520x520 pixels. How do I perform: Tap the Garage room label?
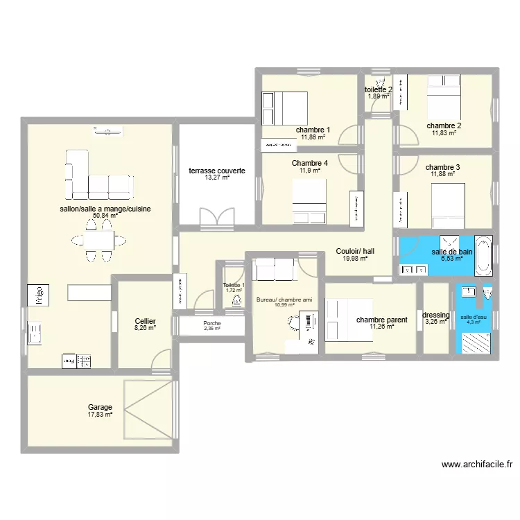pyautogui.click(x=100, y=408)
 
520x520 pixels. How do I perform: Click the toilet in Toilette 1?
pyautogui.click(x=236, y=299)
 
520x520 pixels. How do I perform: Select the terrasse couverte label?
pyautogui.click(x=217, y=170)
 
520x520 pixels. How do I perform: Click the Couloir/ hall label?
pyautogui.click(x=355, y=251)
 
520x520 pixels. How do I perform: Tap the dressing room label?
pyautogui.click(x=436, y=315)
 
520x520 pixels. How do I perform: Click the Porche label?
pyautogui.click(x=212, y=323)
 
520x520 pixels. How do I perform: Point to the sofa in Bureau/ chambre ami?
pyautogui.click(x=273, y=268)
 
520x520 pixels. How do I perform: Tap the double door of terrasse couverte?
pyautogui.click(x=216, y=216)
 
